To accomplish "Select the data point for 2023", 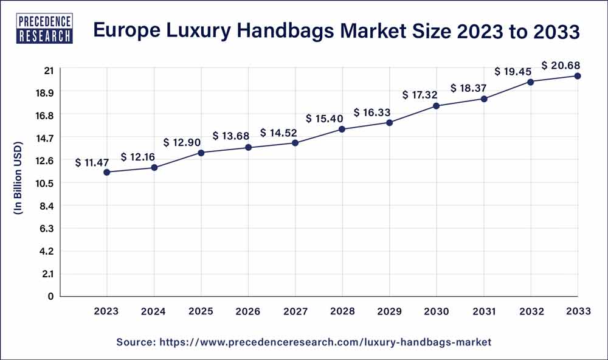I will click(107, 172).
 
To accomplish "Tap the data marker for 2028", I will click(342, 129).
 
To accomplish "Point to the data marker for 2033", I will click(578, 76).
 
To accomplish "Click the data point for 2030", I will click(437, 106).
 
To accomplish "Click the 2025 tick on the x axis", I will click(201, 311).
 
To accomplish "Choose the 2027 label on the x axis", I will click(295, 311).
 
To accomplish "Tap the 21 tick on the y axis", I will click(49, 71).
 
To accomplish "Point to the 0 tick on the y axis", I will click(51, 296).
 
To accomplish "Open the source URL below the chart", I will click(325, 342).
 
